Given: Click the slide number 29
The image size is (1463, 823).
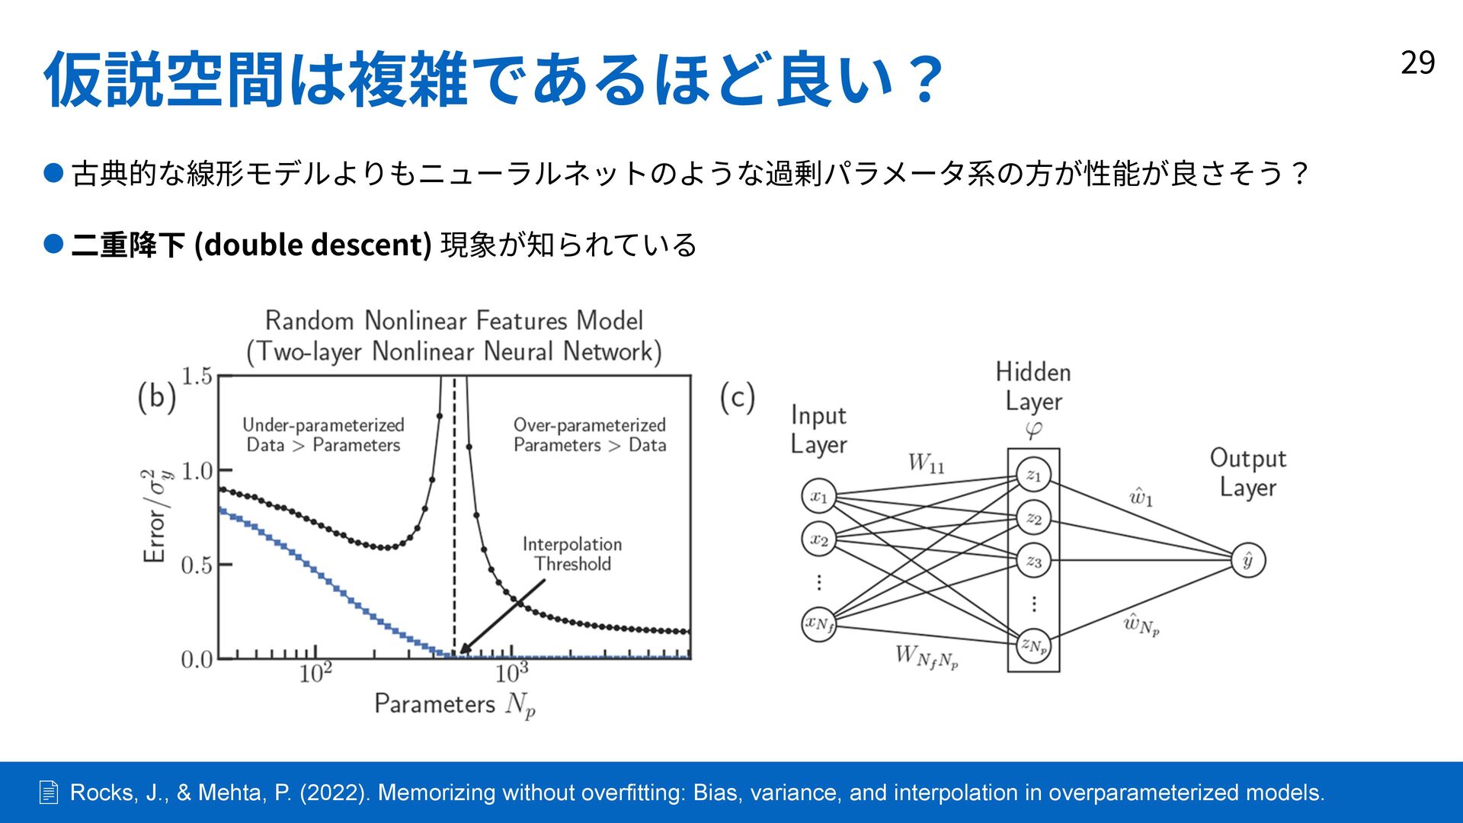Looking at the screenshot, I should (1417, 62).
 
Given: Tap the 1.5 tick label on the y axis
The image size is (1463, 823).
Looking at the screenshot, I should (197, 376).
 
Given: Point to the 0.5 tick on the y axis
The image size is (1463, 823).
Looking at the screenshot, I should (197, 565).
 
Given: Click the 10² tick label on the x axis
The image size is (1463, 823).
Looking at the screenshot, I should (315, 673).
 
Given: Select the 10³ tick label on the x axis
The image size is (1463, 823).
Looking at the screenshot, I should (511, 673).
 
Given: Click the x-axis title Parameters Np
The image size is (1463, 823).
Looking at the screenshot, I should (455, 704).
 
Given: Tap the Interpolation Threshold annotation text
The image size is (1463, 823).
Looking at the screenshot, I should (572, 554).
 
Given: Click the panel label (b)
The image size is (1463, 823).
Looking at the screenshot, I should (157, 397).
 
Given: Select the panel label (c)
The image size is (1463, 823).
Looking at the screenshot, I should (737, 397).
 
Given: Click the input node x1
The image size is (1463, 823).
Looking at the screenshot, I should (819, 497).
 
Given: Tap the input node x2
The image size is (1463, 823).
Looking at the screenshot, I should (819, 540).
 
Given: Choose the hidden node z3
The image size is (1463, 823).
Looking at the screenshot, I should (1033, 562).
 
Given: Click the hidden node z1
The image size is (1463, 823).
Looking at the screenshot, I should (1033, 476).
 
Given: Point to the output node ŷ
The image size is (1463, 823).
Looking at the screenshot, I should (1248, 561).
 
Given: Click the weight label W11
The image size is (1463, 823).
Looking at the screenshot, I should (926, 463).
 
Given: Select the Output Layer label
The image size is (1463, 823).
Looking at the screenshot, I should (1247, 472).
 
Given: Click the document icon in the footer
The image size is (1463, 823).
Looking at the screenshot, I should (48, 793).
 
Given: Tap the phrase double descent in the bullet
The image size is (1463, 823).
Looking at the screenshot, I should (313, 245).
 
